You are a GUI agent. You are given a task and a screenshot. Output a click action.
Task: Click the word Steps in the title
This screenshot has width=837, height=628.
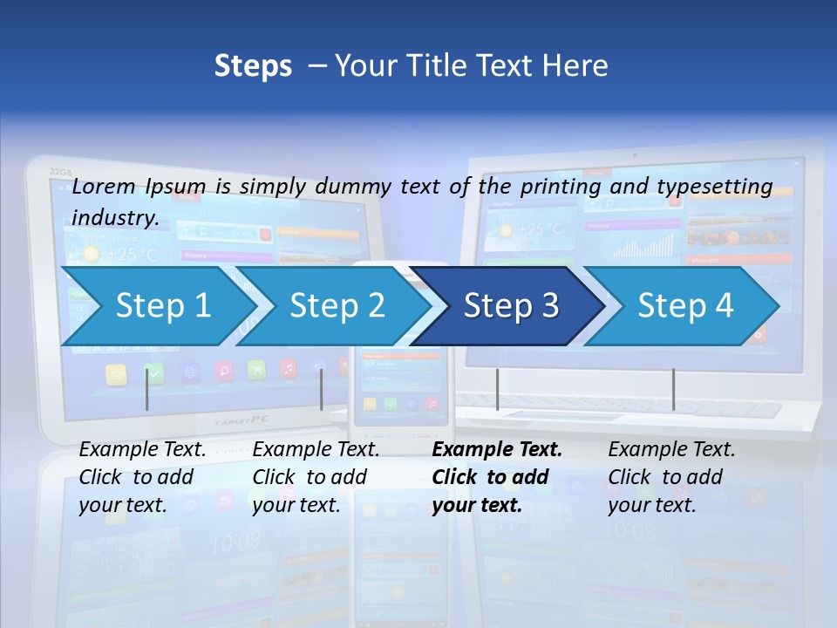[x=253, y=66]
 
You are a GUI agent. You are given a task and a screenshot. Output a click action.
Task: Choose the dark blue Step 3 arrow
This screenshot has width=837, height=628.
[x=511, y=306]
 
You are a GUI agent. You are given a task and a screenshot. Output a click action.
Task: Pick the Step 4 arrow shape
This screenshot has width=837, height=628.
[x=685, y=306]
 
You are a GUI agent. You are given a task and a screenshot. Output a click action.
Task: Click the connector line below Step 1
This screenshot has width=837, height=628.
[x=147, y=390]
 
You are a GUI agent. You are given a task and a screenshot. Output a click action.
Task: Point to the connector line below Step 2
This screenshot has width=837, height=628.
[x=322, y=390]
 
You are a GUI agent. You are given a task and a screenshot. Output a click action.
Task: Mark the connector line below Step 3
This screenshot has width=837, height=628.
[x=497, y=390]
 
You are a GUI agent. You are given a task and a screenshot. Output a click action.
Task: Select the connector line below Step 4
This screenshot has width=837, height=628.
[x=673, y=390]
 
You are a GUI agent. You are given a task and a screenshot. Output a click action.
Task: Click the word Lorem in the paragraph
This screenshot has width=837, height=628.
[x=105, y=187]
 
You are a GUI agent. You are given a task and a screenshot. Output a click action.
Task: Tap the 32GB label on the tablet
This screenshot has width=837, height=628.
[x=60, y=172]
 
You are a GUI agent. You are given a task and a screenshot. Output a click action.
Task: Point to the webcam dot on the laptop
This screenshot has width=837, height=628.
[x=635, y=155]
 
